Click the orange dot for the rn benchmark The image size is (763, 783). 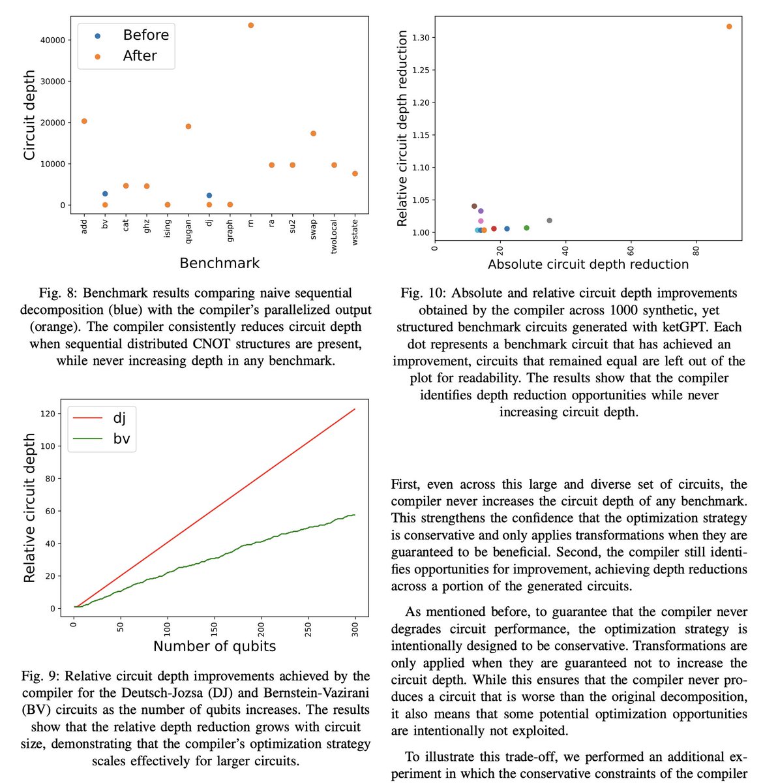[x=251, y=25]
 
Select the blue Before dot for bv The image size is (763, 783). [x=105, y=194]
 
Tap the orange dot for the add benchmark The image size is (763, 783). [x=84, y=121]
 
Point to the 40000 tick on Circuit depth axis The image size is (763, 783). [x=52, y=40]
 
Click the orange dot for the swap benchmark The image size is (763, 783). [x=314, y=134]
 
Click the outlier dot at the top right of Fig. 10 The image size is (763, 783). [x=729, y=27]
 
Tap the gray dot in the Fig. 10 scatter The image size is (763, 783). [x=549, y=221]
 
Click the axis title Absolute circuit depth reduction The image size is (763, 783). [x=588, y=264]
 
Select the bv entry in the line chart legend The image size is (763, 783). [x=121, y=438]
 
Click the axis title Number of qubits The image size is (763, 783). [x=215, y=647]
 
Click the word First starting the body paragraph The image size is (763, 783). [x=406, y=484]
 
